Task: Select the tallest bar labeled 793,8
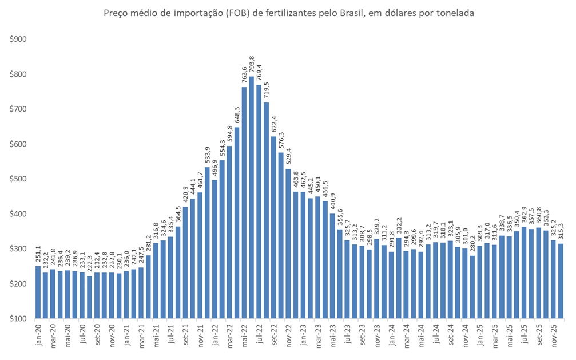point(251,197)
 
